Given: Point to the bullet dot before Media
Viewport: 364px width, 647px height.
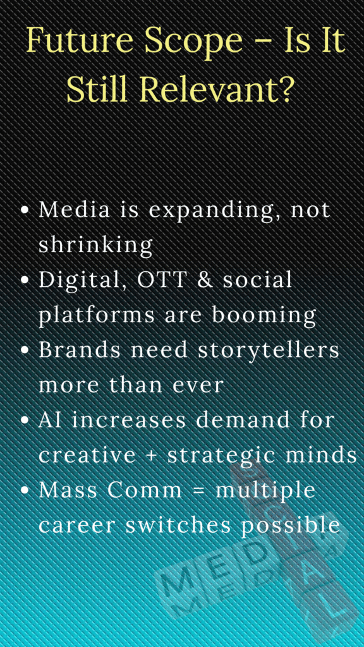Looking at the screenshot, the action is pyautogui.click(x=25, y=210).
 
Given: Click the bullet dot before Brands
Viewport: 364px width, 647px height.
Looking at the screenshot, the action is pyautogui.click(x=25, y=351).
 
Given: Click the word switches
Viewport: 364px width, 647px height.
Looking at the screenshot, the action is pyautogui.click(x=159, y=525).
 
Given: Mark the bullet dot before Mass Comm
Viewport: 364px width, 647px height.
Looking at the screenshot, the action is pyautogui.click(x=25, y=491).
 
